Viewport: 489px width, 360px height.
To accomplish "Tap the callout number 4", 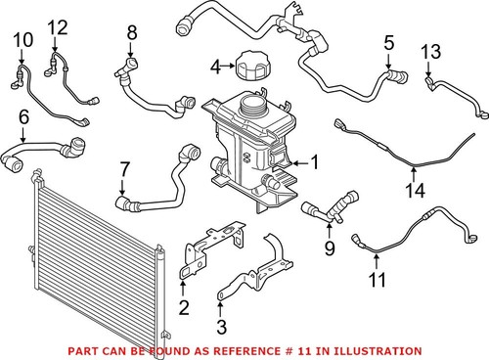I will coord(215,67).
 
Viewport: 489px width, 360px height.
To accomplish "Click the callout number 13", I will coord(431,51).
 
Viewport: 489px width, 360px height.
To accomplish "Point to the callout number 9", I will coord(329,248).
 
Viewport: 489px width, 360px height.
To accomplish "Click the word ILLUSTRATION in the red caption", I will coord(383,349).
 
